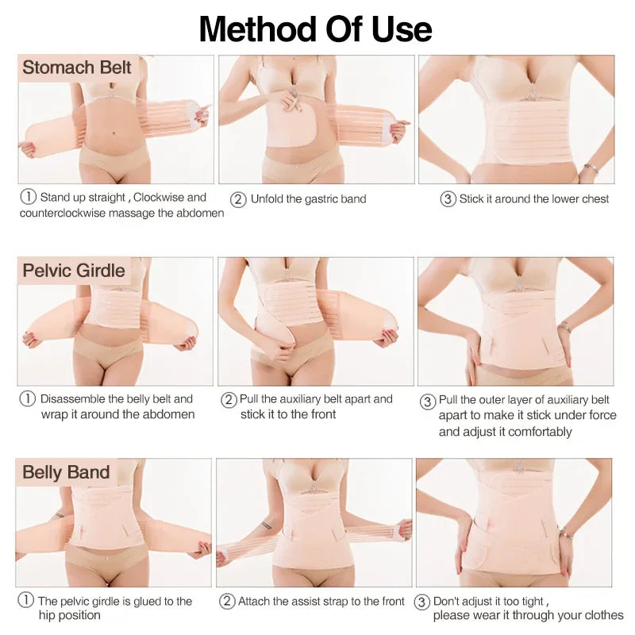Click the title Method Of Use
[x=316, y=29]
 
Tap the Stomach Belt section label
[x=76, y=67]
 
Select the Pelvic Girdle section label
[x=74, y=271]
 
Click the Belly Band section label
[x=66, y=472]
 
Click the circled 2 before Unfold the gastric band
[x=237, y=198]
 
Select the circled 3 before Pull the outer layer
[x=427, y=400]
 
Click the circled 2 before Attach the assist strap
[x=227, y=601]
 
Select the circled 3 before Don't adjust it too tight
[x=423, y=602]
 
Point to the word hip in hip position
[x=47, y=615]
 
